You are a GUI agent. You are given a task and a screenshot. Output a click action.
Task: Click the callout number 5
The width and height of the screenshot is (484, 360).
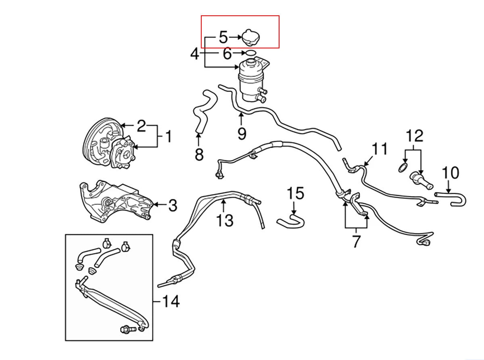tap(223, 37)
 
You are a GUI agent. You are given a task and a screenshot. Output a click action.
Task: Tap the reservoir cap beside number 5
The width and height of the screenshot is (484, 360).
tap(250, 38)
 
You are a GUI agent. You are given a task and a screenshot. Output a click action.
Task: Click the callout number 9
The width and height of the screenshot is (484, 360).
tap(242, 134)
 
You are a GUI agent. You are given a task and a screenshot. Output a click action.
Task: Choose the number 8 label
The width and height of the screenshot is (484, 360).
tap(199, 154)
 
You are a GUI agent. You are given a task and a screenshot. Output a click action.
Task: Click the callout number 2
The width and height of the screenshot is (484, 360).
tap(141, 126)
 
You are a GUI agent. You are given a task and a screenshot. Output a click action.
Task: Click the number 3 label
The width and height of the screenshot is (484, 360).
tap(173, 205)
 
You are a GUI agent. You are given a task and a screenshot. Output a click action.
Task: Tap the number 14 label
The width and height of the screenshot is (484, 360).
tap(171, 301)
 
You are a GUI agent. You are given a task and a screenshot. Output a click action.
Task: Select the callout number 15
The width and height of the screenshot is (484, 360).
tap(295, 193)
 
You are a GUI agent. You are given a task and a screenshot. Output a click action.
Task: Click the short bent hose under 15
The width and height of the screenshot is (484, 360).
tap(291, 221)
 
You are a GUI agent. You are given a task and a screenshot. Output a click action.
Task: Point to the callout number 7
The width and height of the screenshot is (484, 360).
tap(356, 241)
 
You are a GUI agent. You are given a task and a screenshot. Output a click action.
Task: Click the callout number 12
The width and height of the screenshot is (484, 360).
tap(415, 136)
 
